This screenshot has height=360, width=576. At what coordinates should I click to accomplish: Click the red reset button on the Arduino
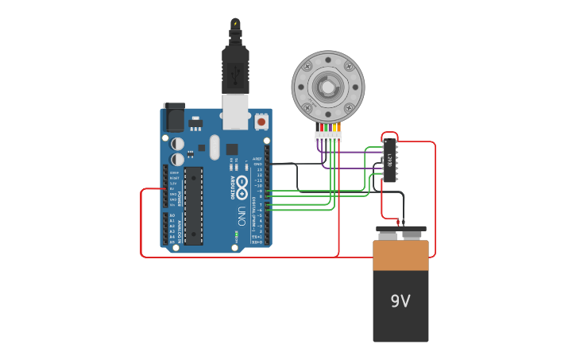[261, 122]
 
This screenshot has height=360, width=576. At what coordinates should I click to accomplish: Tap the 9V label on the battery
[400, 301]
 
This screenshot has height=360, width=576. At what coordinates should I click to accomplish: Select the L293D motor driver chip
[389, 159]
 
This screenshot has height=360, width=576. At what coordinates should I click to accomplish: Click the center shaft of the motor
[327, 86]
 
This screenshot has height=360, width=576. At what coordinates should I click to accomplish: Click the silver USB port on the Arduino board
[235, 112]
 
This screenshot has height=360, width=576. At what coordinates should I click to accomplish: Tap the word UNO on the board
[241, 215]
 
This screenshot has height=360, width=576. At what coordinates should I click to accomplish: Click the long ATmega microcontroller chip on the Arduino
[193, 206]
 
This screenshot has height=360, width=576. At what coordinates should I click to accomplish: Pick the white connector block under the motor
[327, 137]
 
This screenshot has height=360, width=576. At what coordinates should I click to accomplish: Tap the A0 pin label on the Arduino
[172, 215]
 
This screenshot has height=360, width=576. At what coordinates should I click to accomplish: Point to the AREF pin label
[257, 159]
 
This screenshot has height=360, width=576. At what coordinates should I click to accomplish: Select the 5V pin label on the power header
[172, 188]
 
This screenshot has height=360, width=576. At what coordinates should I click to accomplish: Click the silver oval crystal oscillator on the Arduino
[215, 147]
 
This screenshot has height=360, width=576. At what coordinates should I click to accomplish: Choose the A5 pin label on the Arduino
[172, 241]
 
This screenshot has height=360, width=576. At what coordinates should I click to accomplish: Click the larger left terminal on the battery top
[389, 234]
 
